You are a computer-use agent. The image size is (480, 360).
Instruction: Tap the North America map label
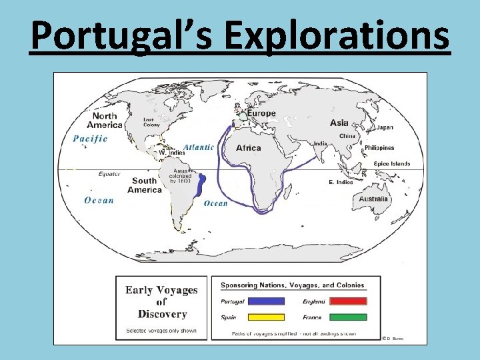coord(104,120)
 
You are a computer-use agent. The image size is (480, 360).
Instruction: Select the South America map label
coord(145,185)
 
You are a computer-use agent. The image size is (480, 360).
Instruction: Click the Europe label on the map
coord(261,113)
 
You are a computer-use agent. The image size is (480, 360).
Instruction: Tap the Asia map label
coord(339,123)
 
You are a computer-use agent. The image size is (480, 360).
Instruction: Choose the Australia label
coord(373,199)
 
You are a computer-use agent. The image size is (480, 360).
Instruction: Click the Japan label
coord(385,127)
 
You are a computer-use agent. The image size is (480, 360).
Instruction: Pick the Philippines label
coord(379,148)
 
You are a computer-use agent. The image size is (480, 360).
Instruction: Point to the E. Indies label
coord(341,182)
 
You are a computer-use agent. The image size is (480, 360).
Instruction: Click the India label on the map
coord(320,143)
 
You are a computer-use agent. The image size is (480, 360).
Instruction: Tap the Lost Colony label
coord(153,123)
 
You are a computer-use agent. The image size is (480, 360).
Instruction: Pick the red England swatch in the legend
coord(343,301)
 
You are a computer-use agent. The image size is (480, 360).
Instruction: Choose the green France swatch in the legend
coord(343,317)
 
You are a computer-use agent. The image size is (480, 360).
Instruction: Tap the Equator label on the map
coord(109,174)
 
